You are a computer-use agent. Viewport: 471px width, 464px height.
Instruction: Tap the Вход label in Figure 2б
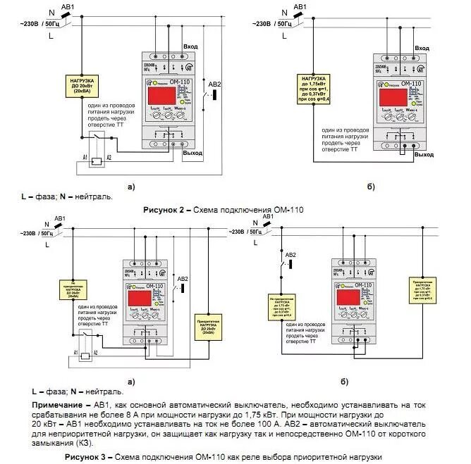(422, 47)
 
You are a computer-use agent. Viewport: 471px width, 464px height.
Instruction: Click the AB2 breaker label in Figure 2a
(215, 84)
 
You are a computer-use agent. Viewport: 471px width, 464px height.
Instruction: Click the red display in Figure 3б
(350, 296)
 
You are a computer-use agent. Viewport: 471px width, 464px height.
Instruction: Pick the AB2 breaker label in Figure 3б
(290, 254)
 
